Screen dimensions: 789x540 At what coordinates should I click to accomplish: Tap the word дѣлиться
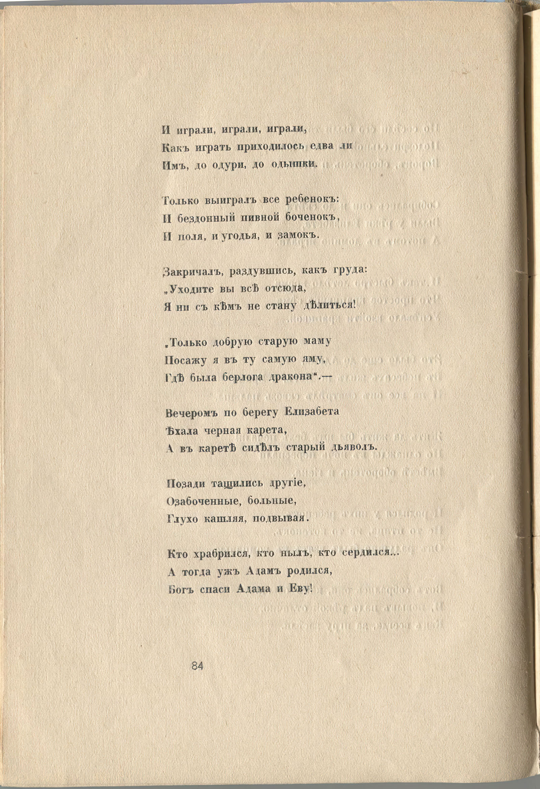pyautogui.click(x=328, y=305)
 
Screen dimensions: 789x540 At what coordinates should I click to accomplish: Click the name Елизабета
pyautogui.click(x=312, y=412)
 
